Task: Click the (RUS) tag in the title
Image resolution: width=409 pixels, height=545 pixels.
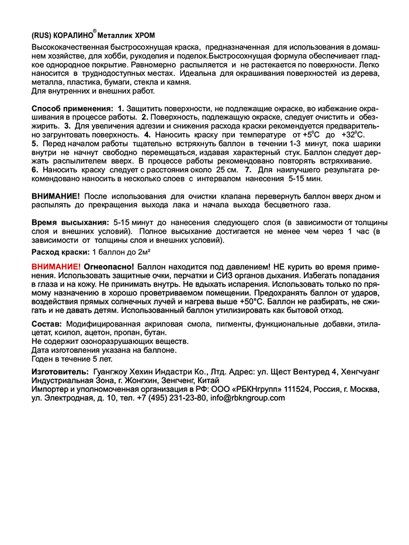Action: pyautogui.click(x=41, y=34)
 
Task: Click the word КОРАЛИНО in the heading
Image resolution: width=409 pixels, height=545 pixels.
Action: pyautogui.click(x=74, y=34)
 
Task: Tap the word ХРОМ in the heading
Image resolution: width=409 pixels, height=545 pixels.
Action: pyautogui.click(x=144, y=34)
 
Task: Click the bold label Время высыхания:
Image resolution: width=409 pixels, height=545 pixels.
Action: pyautogui.click(x=70, y=223)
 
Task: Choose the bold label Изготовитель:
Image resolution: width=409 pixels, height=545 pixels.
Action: pyautogui.click(x=58, y=372)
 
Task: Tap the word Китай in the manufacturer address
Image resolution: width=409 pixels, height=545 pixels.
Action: pyautogui.click(x=207, y=380)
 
